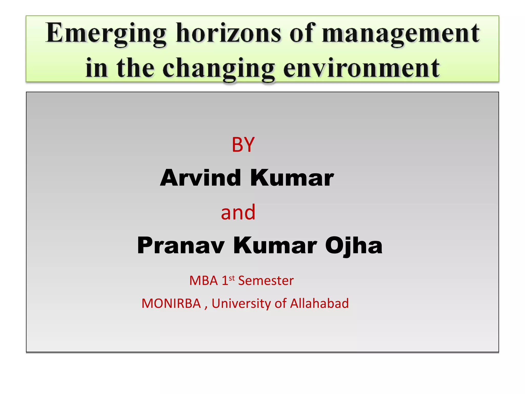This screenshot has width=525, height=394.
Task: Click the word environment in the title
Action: coord(361,68)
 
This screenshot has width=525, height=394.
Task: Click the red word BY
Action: coord(243,145)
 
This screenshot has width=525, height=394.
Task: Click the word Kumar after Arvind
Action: coord(292,178)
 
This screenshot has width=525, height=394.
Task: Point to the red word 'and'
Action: coord(238,212)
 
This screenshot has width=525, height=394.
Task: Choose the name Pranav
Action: coord(181,245)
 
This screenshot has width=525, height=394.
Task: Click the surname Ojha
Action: coord(354,246)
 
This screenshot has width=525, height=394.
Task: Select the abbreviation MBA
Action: coord(204,280)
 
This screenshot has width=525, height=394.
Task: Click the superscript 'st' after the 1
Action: coord(232,278)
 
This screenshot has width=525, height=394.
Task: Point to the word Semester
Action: coord(266,280)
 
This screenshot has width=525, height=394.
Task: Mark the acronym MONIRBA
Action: coord(171,303)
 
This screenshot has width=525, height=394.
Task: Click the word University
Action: coord(241,304)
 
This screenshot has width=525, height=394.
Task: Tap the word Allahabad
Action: coord(319,303)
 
